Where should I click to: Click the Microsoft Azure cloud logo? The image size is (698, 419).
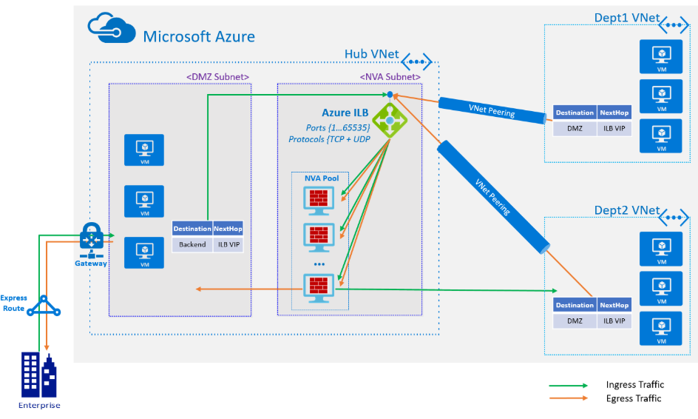tap(112, 27)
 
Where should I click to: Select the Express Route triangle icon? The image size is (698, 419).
tap(44, 306)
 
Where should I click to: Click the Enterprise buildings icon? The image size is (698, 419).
tap(39, 375)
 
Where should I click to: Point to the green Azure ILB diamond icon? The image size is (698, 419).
tap(390, 121)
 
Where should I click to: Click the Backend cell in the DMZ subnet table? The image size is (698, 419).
tap(192, 244)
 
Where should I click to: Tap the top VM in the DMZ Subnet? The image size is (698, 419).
tap(144, 150)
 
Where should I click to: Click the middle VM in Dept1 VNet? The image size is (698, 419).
tap(661, 96)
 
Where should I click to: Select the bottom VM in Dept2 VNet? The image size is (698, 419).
tap(661, 329)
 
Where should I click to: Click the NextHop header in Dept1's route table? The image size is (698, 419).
tap(614, 113)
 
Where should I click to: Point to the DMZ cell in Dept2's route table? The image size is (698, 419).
tap(575, 321)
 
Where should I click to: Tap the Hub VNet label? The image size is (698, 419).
tap(372, 54)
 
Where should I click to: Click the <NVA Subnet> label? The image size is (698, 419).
tap(390, 77)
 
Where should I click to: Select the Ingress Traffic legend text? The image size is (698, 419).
tap(635, 385)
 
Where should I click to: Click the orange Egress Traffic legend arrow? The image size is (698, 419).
tap(569, 398)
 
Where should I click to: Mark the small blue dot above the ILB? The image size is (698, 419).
tap(390, 95)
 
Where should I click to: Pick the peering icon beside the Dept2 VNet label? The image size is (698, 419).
tap(674, 218)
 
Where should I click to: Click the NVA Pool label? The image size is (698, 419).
tap(322, 178)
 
